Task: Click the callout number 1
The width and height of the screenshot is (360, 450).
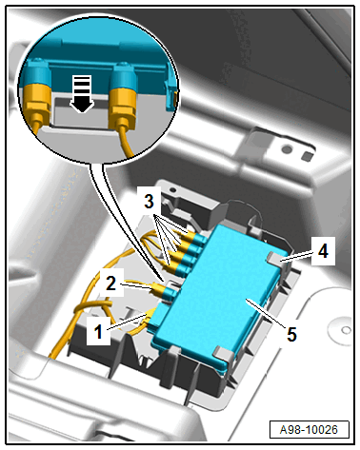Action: coord(98,332)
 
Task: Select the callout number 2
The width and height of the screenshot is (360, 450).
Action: coord(110,284)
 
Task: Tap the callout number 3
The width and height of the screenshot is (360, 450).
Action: coord(149,201)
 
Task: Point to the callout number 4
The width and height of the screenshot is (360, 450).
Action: coord(323,251)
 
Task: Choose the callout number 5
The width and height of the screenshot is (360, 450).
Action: coord(291,334)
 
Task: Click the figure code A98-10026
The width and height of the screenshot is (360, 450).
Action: coord(309,430)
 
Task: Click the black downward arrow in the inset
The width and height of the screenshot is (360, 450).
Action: coord(82,94)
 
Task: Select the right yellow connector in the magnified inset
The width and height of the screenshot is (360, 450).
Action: coord(123,106)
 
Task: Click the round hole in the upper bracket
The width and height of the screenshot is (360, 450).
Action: coord(288,149)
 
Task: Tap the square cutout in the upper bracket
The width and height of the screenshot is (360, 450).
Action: coord(307,156)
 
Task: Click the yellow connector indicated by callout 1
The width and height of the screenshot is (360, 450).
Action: coord(150,316)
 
